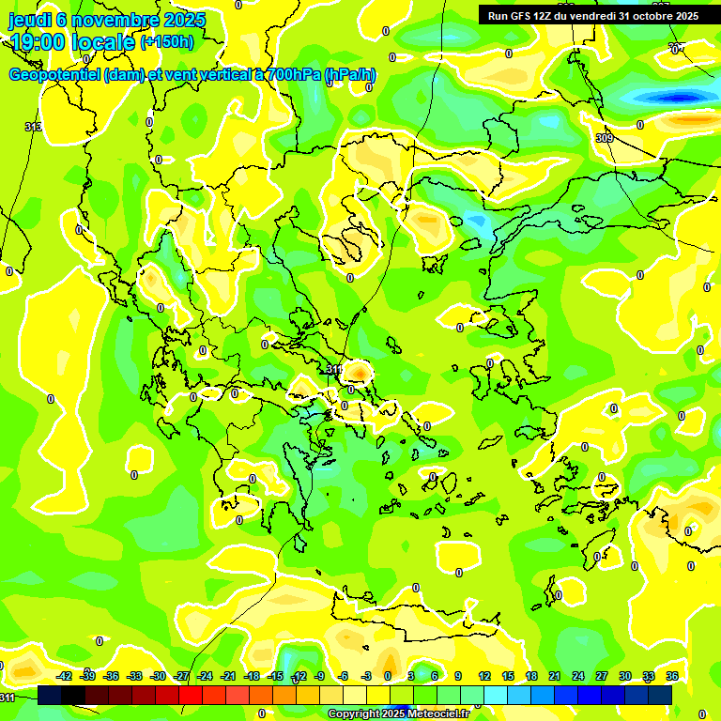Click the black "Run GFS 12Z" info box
591,15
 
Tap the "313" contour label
33,127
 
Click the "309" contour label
605,138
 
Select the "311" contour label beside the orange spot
333,370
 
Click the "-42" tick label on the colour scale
65,676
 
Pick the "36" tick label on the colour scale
671,676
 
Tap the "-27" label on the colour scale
181,676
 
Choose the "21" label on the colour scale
555,676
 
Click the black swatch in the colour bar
74,694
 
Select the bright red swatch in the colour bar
192,694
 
